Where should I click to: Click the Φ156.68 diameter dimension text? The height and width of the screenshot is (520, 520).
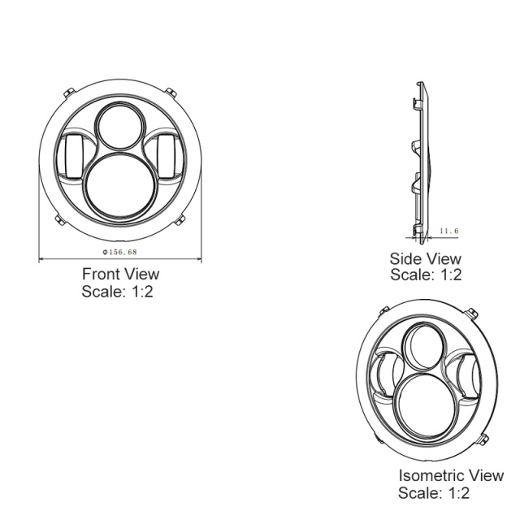tap(120, 253)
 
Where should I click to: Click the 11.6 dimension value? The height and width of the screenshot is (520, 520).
tap(448, 232)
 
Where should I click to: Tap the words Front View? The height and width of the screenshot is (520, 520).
tap(120, 275)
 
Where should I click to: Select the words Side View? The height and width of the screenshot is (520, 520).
tap(426, 259)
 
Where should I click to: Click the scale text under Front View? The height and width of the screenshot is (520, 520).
tap(117, 292)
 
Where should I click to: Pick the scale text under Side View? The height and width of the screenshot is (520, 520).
tap(426, 275)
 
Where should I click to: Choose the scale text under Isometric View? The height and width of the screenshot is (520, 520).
tap(434, 492)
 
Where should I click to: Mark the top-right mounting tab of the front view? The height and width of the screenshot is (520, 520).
tap(169, 91)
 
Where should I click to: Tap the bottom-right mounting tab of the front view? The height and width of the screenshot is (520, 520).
tap(182, 219)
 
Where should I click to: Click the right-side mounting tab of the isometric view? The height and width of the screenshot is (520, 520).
tap(483, 440)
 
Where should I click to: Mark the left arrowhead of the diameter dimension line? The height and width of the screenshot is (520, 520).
tap(42, 260)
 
